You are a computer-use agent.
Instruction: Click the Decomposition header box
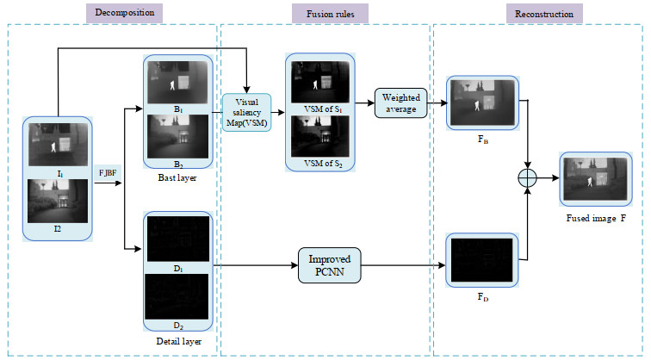click(x=127, y=13)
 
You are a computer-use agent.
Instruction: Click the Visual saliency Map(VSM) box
click(x=246, y=112)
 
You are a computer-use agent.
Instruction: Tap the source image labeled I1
click(x=59, y=144)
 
